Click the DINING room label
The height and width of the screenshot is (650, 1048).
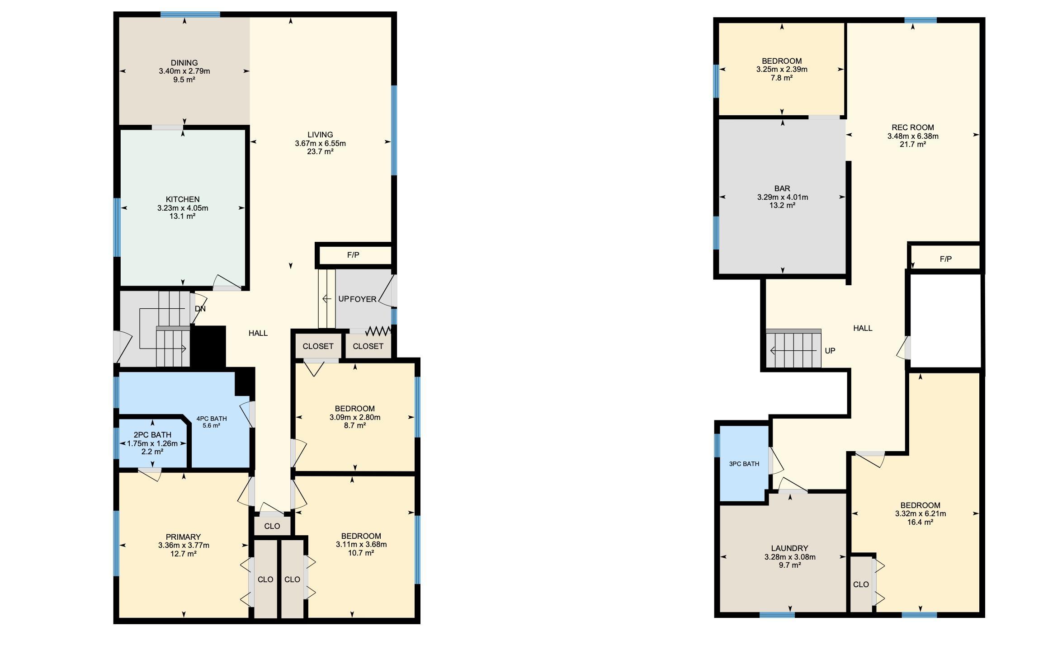pos(184,63)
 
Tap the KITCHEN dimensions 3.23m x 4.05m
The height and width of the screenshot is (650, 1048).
pos(183,208)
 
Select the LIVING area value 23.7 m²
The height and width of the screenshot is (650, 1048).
pos(320,151)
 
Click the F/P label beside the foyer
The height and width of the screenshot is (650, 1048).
pos(353,255)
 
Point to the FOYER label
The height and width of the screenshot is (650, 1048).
pos(363,299)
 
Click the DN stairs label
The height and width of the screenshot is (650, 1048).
pos(200,309)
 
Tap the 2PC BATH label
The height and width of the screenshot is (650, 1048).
pos(152,435)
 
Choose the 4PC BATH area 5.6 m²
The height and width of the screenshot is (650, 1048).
pos(211,426)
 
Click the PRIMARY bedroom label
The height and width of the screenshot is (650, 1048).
pos(183,537)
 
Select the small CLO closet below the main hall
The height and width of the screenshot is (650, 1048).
pos(272,526)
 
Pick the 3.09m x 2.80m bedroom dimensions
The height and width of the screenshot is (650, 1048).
pos(355,417)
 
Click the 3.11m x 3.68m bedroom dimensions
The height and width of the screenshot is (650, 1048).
pos(361,545)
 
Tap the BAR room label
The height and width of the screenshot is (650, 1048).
pos(782,188)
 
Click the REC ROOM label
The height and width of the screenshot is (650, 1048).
pos(913,127)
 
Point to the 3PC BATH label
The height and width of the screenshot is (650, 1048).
pos(744,464)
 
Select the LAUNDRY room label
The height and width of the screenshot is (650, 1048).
pos(789,548)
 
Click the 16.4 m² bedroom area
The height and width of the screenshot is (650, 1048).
pos(921,522)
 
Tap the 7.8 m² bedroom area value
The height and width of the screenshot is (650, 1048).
pos(782,78)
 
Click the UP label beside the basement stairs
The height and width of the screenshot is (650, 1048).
pos(830,351)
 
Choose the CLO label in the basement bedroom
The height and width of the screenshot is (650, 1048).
pos(861,584)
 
